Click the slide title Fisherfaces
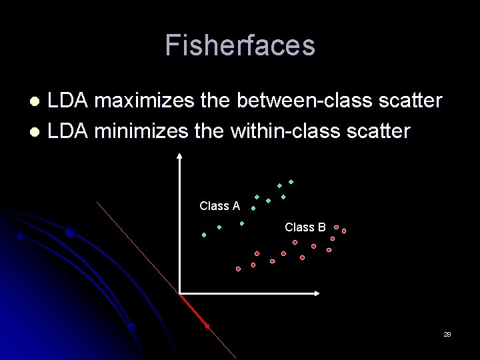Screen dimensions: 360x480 [x=240, y=45]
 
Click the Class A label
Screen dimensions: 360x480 [x=219, y=206]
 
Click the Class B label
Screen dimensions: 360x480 [x=305, y=227]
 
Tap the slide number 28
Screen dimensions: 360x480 [x=447, y=334]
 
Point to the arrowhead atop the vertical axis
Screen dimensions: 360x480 [x=179, y=157]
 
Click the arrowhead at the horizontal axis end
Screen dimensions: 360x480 [x=317, y=293]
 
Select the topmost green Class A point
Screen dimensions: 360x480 [x=291, y=182]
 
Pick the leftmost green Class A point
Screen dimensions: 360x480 [x=204, y=235]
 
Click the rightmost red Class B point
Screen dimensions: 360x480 [x=344, y=231]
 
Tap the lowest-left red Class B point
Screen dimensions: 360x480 [x=238, y=269]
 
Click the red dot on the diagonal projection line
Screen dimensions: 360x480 [x=207, y=326]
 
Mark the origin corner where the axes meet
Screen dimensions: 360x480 [x=180, y=293]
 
